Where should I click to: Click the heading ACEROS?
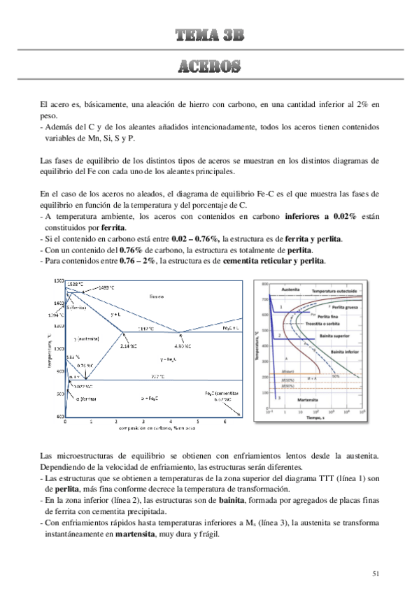click(209, 68)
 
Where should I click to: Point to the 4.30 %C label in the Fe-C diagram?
click(183, 345)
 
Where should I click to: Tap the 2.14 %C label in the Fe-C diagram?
click(128, 345)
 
